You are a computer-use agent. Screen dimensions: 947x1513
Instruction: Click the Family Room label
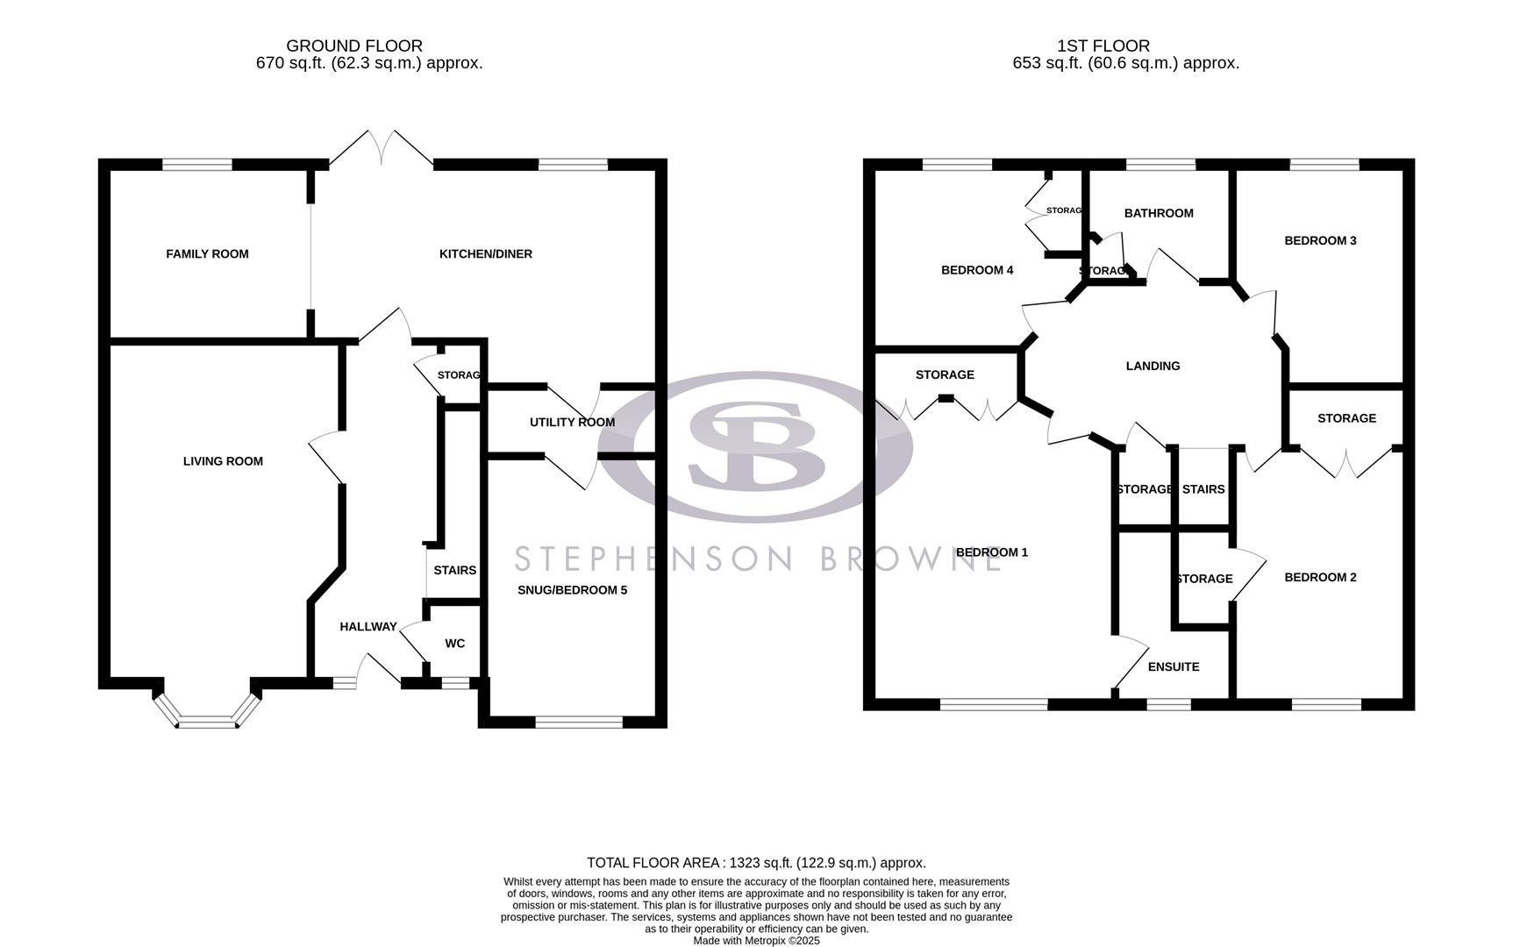[x=207, y=254]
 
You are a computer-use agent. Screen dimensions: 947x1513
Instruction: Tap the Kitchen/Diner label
[x=485, y=254]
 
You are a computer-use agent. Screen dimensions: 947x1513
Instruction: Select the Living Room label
[x=223, y=461]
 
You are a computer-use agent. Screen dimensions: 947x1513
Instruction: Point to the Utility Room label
[x=572, y=423]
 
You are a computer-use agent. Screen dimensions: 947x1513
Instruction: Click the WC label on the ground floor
[x=454, y=644]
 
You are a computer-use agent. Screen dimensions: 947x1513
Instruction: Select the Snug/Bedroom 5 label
[x=572, y=590]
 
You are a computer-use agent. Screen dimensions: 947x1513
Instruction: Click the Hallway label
[x=368, y=627]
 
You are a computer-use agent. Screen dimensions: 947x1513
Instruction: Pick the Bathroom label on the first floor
[x=1158, y=213]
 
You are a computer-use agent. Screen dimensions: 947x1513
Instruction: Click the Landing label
[x=1153, y=367]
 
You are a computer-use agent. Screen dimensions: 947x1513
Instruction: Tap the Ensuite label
[x=1173, y=667]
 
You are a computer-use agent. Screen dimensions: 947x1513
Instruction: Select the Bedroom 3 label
[x=1319, y=240]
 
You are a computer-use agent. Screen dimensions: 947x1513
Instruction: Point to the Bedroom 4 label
[x=976, y=270]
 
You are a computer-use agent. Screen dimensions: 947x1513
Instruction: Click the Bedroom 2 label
[x=1319, y=577]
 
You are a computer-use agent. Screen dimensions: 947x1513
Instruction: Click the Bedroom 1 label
[x=991, y=552]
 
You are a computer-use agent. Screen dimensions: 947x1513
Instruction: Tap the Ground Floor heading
[x=353, y=46]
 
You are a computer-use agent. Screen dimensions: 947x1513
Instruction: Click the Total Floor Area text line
[x=755, y=863]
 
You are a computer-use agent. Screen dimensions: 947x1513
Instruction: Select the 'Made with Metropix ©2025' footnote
[x=755, y=940]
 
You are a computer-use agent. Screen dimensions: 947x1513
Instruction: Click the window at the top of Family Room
[x=197, y=164]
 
